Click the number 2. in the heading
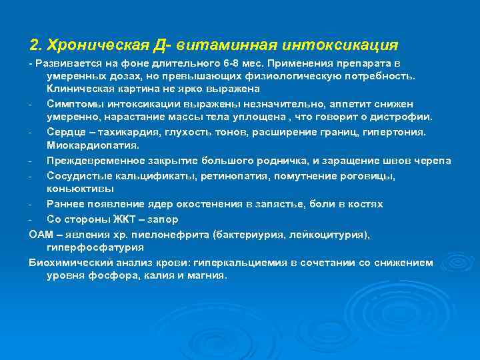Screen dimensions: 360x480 pyautogui.click(x=37, y=45)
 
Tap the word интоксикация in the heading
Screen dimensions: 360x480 pyautogui.click(x=340, y=45)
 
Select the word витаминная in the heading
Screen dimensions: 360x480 pyautogui.click(x=231, y=45)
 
